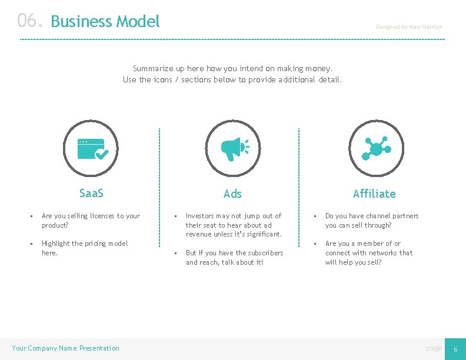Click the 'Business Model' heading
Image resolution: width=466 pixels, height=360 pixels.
(105, 22)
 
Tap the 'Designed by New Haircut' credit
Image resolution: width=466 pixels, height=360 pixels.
(408, 27)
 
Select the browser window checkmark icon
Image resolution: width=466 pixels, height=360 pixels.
(91, 148)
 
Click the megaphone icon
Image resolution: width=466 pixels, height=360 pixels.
(233, 148)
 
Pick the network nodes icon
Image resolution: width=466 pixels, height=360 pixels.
(375, 148)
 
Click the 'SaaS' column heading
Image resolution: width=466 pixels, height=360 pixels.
(91, 193)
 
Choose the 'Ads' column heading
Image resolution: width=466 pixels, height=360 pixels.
(232, 194)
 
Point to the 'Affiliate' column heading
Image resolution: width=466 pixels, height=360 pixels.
(374, 194)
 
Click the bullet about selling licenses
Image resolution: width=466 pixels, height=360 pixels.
(91, 220)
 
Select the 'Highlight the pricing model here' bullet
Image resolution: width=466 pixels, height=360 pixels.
(84, 248)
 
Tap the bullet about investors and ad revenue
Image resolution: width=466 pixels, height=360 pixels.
(234, 225)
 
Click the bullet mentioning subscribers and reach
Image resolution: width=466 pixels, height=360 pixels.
(234, 257)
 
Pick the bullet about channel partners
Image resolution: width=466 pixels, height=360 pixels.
(372, 220)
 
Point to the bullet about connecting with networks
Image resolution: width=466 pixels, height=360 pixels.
(369, 252)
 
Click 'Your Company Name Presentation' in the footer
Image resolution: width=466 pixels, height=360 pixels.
(65, 348)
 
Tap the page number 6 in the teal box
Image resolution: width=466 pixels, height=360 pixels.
(455, 349)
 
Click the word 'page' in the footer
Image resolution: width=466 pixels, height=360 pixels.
(434, 348)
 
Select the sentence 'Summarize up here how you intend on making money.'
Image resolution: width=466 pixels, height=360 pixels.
(232, 68)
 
